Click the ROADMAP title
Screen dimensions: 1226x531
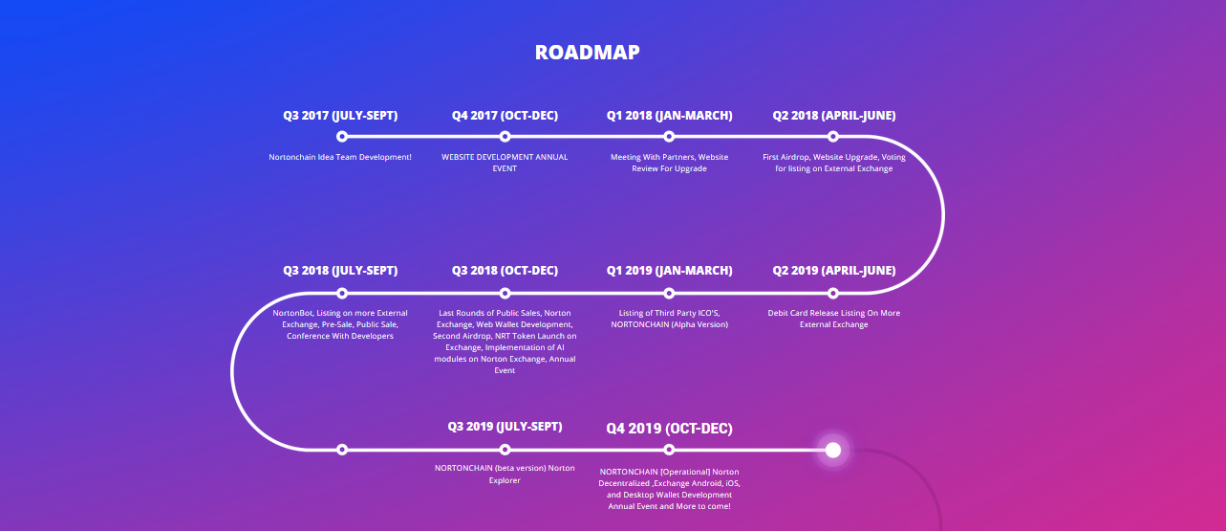point(588,52)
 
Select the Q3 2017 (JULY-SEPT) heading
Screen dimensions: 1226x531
point(340,116)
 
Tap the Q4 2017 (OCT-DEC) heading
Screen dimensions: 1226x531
point(505,116)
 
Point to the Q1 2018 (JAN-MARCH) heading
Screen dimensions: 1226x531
point(669,116)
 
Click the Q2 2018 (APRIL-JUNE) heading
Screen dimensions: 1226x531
point(834,116)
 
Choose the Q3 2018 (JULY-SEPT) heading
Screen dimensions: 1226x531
point(340,271)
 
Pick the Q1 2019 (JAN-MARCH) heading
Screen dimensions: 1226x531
point(669,271)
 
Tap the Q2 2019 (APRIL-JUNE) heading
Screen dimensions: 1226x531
point(834,271)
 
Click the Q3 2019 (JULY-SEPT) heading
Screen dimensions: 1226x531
point(505,427)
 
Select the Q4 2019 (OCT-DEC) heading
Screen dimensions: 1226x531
point(669,429)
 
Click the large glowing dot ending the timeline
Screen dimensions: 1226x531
point(833,450)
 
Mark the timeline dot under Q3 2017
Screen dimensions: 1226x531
point(342,137)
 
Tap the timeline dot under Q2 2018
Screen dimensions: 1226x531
point(833,137)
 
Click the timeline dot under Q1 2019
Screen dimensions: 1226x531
point(669,294)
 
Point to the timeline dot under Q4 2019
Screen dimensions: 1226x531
point(669,450)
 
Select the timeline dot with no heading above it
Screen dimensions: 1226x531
point(342,450)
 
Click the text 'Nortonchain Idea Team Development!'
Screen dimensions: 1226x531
point(340,157)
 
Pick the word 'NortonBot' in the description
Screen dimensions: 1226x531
point(292,313)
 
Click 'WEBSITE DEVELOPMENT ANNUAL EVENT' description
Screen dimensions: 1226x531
point(505,163)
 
